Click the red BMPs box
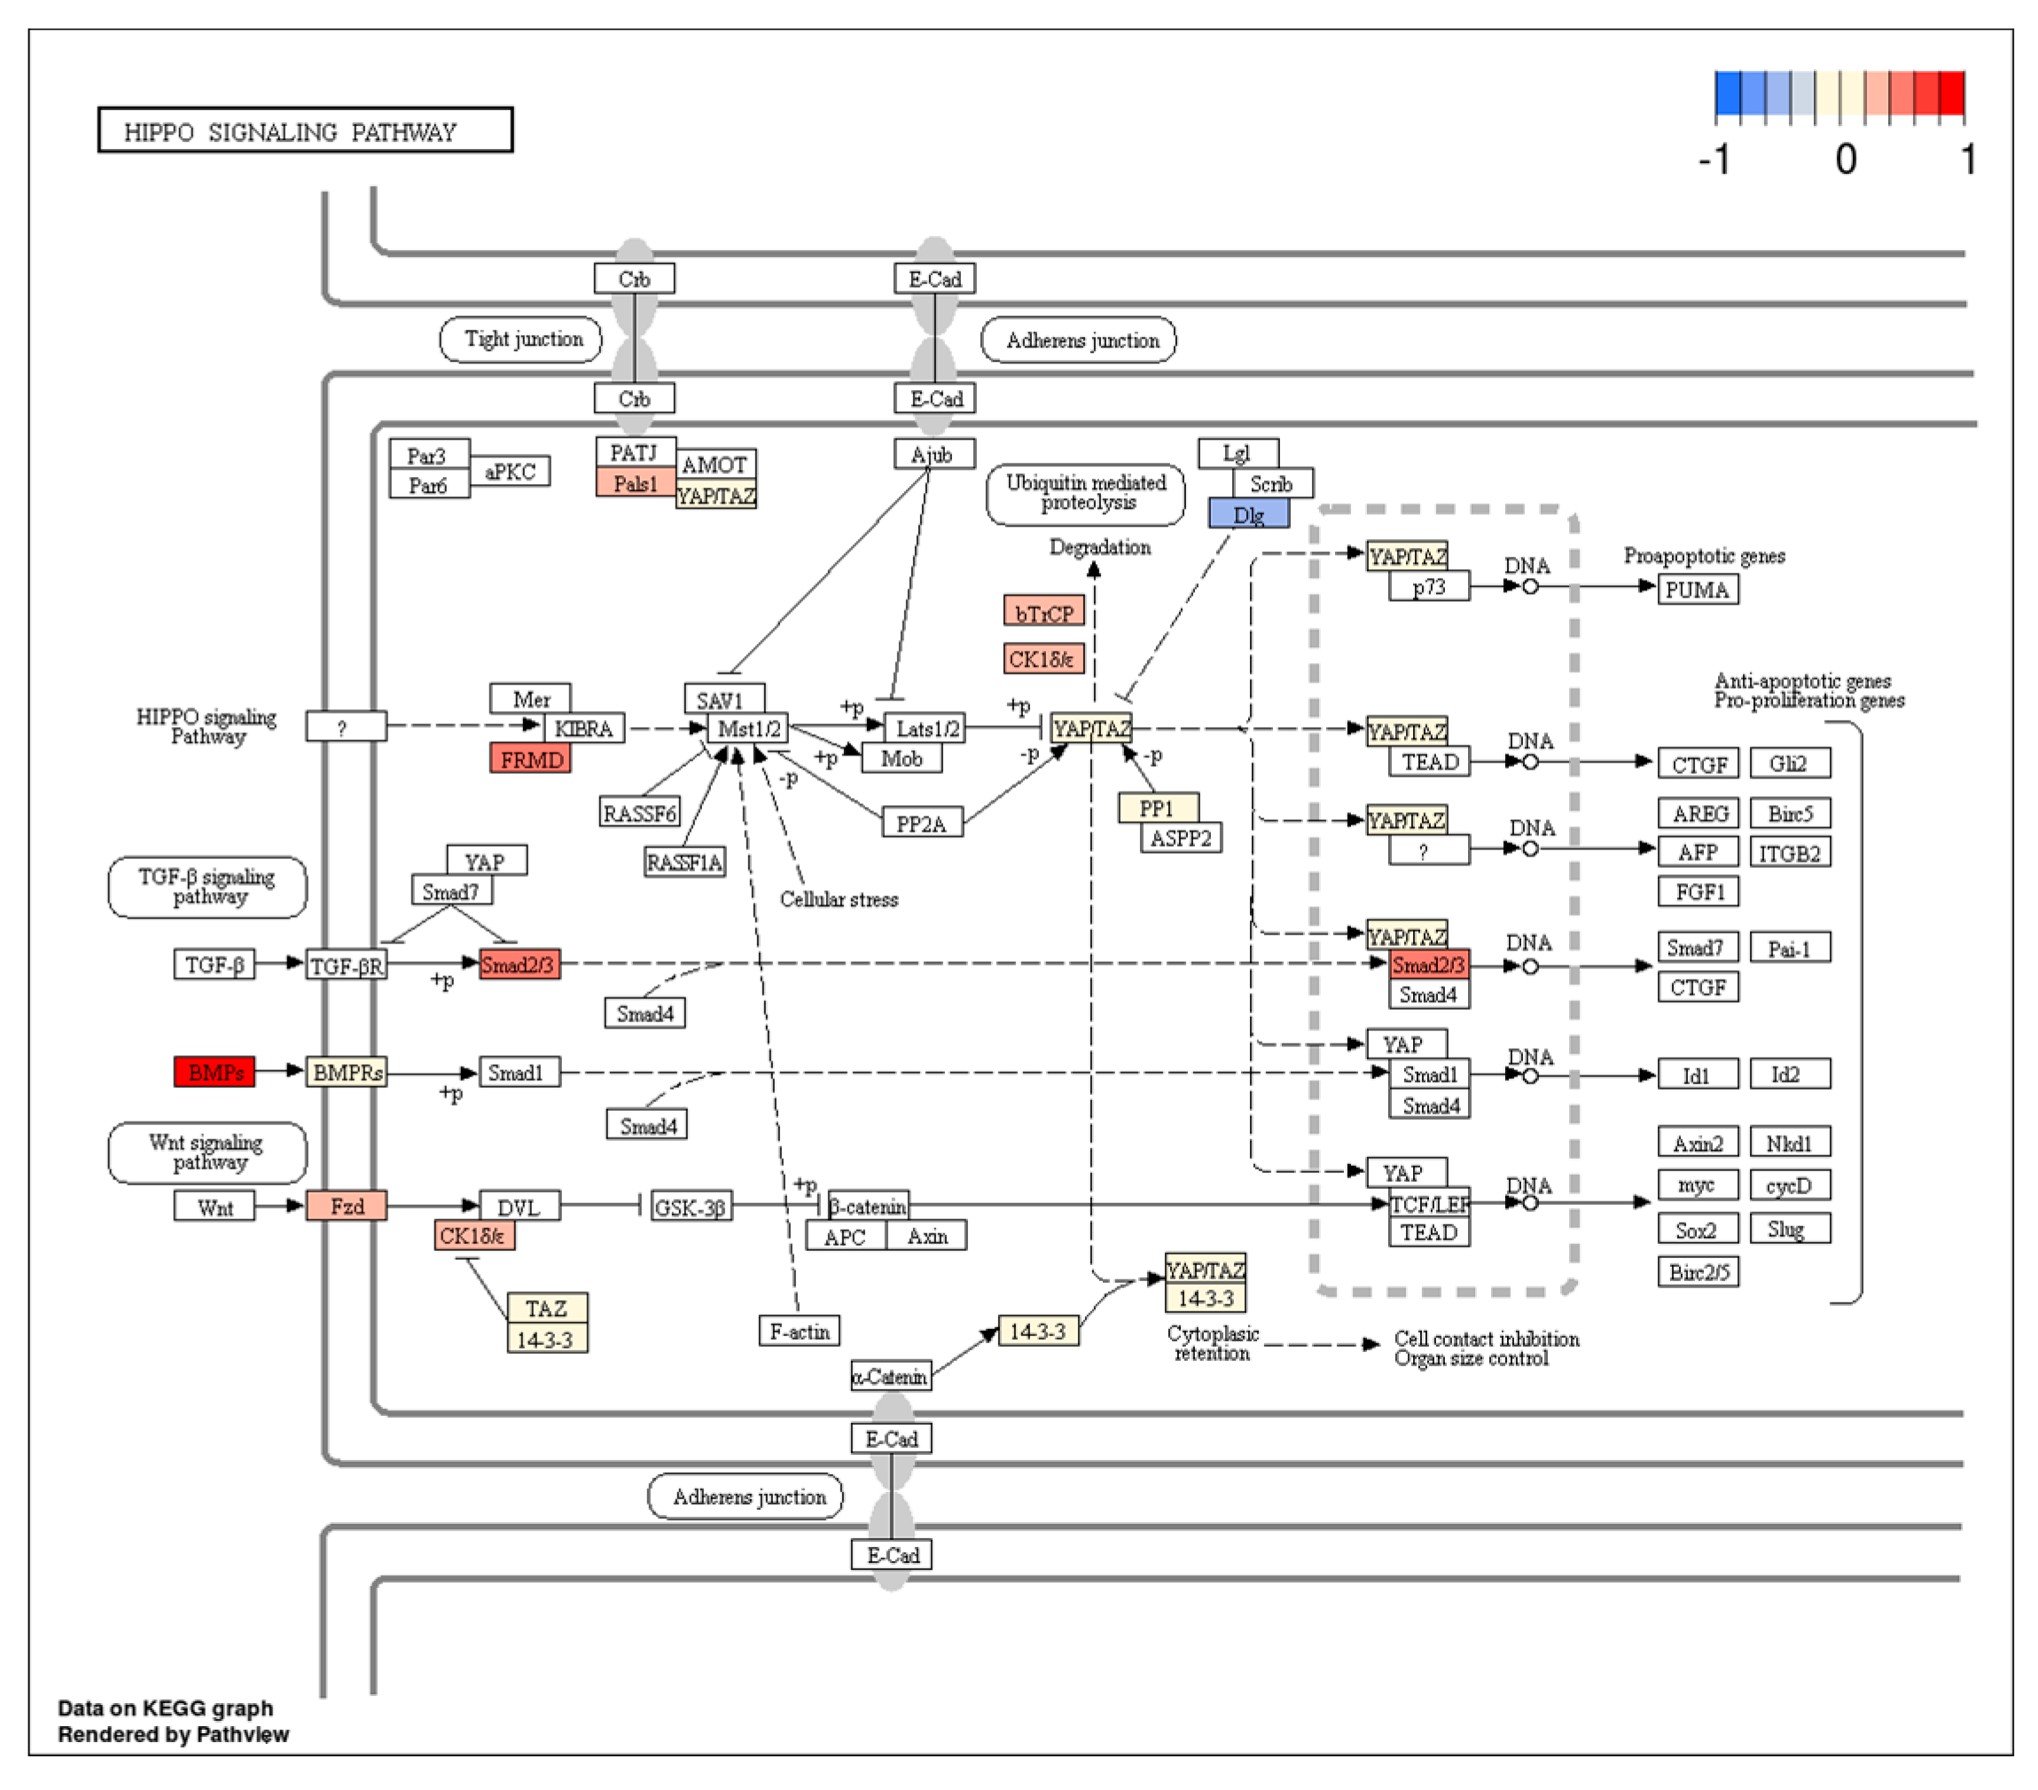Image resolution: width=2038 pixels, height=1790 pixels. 215,1072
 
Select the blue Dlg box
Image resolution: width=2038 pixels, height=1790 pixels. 1248,513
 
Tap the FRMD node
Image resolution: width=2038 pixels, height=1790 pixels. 530,759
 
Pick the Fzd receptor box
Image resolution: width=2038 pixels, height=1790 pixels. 346,1206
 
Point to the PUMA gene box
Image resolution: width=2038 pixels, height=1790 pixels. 1698,590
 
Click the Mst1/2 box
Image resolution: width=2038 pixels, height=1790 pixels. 748,728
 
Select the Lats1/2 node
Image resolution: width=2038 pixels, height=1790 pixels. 925,728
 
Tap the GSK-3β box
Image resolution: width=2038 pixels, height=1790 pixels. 691,1207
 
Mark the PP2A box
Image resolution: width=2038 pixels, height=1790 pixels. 922,823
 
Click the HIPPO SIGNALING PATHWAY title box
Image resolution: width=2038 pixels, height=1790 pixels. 305,130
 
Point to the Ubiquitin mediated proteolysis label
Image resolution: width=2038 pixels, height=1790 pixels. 1086,494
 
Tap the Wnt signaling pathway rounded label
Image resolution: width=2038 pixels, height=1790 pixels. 207,1153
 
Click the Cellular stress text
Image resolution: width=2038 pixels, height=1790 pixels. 839,898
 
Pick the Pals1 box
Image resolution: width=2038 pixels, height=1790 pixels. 635,484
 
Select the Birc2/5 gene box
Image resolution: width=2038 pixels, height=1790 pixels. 1698,1271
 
